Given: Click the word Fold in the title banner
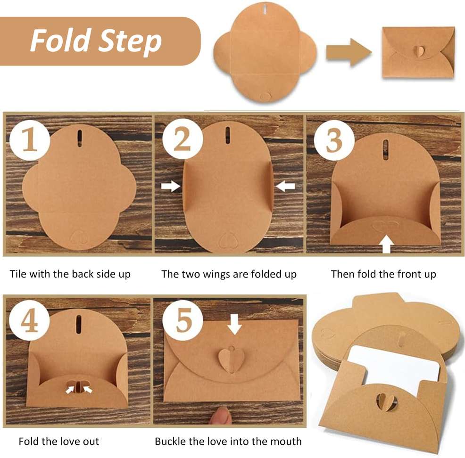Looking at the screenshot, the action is pos(60,40).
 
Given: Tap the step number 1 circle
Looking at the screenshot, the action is pos(30,140).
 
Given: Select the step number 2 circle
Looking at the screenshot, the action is pos(183,139).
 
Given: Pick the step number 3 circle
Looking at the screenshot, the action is pos(334,140).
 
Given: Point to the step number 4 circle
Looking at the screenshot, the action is pos(29,320).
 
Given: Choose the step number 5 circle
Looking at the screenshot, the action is pos(183,320).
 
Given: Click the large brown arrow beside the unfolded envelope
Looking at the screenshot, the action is pos(349,52).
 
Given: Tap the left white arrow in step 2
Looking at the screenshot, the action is pos(171,186).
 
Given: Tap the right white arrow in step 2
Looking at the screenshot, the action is pos(285,186).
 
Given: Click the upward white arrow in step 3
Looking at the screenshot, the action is pos(387,244).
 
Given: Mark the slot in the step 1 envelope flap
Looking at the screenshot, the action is pos(80,138).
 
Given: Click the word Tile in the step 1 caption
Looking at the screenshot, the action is pos(18,274).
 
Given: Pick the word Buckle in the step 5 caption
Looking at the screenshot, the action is pos(170,441).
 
